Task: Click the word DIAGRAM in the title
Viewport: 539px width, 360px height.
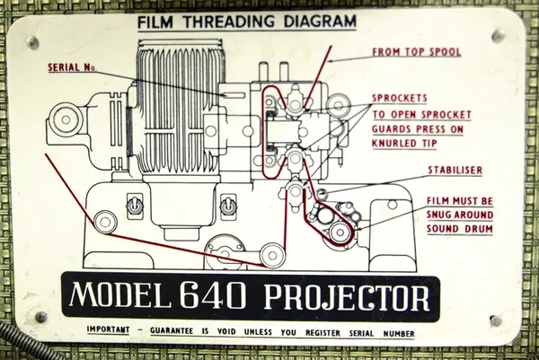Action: pos(320,22)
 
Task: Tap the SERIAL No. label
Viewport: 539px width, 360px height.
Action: pos(72,67)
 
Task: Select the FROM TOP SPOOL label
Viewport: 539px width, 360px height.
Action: pos(417,52)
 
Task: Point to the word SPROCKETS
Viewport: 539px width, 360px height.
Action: pos(400,98)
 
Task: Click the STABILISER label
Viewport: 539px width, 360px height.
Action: pos(455,170)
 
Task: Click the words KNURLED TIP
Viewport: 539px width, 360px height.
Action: pos(404,144)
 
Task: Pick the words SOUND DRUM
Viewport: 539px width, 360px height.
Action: pos(460,229)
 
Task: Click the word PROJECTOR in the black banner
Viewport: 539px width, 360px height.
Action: pos(347,297)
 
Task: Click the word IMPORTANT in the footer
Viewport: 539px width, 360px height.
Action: pos(109,329)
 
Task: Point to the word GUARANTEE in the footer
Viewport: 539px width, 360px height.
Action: pos(172,330)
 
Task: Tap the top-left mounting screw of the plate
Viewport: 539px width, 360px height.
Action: pos(32,42)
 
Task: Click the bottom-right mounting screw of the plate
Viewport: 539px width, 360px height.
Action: pos(495,320)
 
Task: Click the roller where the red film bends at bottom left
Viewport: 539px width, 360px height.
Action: pos(105,222)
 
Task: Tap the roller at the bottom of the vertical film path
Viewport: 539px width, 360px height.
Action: pos(272,255)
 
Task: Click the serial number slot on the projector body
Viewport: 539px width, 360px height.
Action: pos(234,95)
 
